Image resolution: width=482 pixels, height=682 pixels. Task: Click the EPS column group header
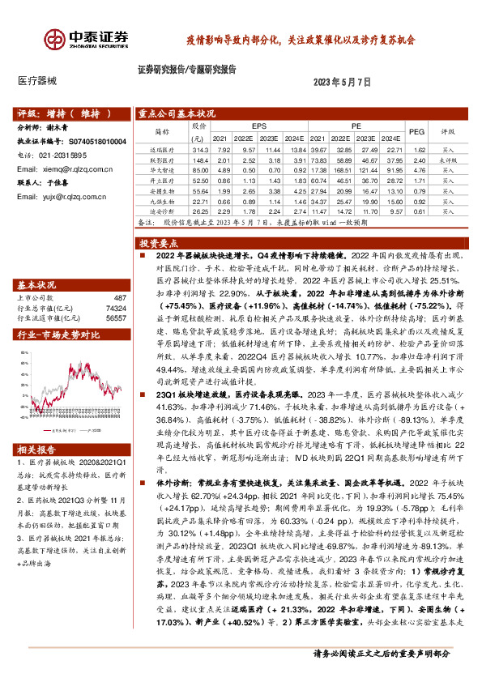click(259, 126)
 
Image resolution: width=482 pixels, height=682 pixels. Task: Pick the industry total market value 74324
click(116, 309)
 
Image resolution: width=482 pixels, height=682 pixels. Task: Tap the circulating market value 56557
click(116, 318)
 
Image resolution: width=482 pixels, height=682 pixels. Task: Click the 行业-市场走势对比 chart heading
click(58, 334)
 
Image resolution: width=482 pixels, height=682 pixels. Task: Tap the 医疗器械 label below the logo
click(37, 82)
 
